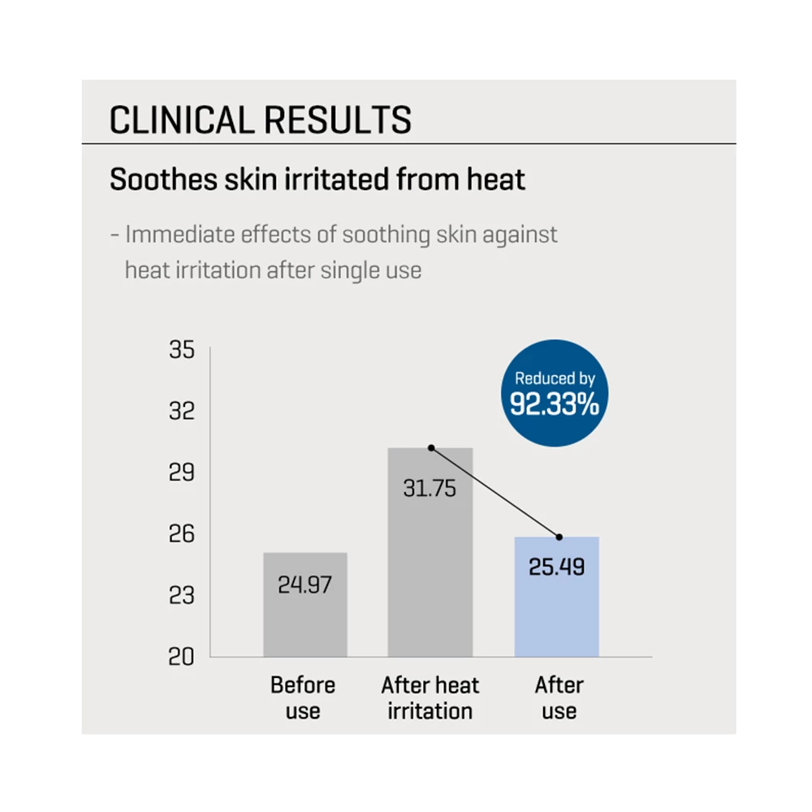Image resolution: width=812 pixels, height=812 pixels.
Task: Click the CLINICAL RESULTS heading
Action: point(260,119)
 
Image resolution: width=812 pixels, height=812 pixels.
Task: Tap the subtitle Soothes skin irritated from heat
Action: point(317,179)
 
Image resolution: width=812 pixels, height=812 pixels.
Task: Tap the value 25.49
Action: point(557,566)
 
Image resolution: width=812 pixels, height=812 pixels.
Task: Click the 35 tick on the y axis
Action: point(182,352)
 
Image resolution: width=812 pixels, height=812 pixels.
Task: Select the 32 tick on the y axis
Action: point(182,411)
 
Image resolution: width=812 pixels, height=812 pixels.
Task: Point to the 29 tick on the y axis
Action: point(182,473)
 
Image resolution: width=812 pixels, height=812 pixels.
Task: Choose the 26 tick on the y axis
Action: point(182,533)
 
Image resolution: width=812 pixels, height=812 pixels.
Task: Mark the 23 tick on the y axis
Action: point(182,595)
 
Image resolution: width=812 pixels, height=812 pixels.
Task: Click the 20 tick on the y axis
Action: point(182,656)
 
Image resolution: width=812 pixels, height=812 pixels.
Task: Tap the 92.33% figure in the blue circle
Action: point(555,404)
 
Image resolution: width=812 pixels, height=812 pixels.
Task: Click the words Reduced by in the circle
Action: point(555,378)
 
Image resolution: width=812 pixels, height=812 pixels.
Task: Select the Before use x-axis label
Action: point(303,698)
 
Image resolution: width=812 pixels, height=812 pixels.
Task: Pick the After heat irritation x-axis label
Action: point(430,698)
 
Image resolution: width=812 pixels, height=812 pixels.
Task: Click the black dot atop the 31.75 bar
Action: point(431,447)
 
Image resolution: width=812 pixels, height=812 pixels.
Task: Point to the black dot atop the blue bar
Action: point(559,537)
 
